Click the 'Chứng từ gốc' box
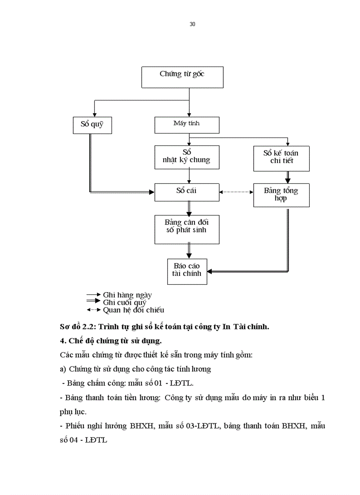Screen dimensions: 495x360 coord(182,77)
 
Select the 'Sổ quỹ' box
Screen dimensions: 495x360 coord(92,125)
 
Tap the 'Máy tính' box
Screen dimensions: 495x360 coord(187,125)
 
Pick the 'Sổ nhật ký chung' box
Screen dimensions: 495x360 coord(187,157)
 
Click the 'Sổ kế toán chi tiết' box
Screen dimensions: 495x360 coord(281,158)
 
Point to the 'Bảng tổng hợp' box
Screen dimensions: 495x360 coord(281,195)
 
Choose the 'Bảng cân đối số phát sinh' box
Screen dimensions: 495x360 coord(187,229)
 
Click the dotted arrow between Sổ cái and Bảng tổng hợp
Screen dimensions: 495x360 coord(236,192)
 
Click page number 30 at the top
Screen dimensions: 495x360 coord(192,24)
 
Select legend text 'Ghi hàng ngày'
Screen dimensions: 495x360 coord(127,295)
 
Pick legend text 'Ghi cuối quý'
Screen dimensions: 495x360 coord(124,302)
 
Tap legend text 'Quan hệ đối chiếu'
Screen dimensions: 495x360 coord(133,310)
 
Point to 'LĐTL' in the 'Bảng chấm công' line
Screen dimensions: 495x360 coord(185,383)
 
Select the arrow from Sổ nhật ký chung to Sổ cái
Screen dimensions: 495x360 coord(189,176)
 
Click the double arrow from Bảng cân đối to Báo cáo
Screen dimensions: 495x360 coord(189,251)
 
